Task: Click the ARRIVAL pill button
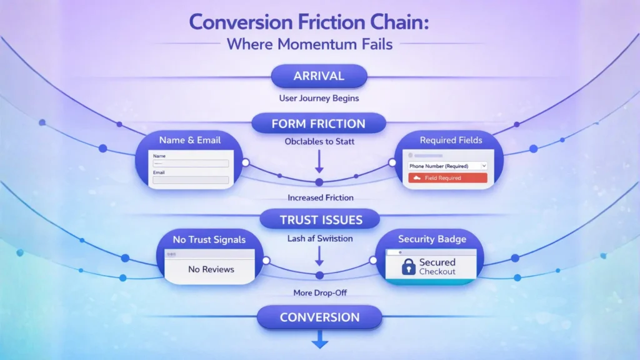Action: (x=319, y=77)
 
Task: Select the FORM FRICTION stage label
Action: (x=319, y=124)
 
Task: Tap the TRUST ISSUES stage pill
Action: (x=320, y=219)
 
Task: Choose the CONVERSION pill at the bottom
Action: (x=319, y=317)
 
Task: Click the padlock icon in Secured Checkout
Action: (x=408, y=267)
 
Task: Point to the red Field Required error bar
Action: (x=447, y=178)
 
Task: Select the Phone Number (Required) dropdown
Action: (x=447, y=166)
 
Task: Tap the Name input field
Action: (x=191, y=163)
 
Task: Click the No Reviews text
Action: (x=211, y=269)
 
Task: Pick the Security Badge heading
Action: (x=432, y=239)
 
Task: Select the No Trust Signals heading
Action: (x=209, y=239)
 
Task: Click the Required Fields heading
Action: (x=451, y=140)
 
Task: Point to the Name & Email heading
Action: (x=189, y=140)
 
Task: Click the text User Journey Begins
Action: (x=319, y=99)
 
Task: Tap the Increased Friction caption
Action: (x=320, y=198)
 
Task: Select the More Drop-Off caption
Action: (x=319, y=293)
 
